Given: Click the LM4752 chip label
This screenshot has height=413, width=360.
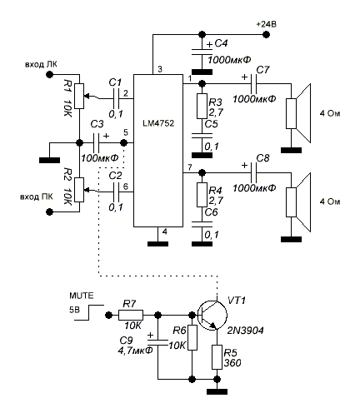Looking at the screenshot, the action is coord(158,123).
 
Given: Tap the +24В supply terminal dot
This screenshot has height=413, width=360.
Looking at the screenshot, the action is coord(266,35).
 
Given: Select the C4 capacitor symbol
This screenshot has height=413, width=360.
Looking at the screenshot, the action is coord(202,52).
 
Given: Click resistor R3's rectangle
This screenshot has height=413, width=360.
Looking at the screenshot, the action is coord(202,107).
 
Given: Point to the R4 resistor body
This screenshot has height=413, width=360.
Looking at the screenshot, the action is coord(202,195).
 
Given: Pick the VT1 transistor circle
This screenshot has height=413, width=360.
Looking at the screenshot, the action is coord(212,316).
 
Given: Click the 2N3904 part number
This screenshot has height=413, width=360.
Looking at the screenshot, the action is coord(246,331).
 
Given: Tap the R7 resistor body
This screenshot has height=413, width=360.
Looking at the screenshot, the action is coord(131,316).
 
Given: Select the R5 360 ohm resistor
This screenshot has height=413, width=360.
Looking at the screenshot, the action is coord(217,357).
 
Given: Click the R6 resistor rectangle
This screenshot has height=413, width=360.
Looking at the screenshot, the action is coord(192,338).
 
